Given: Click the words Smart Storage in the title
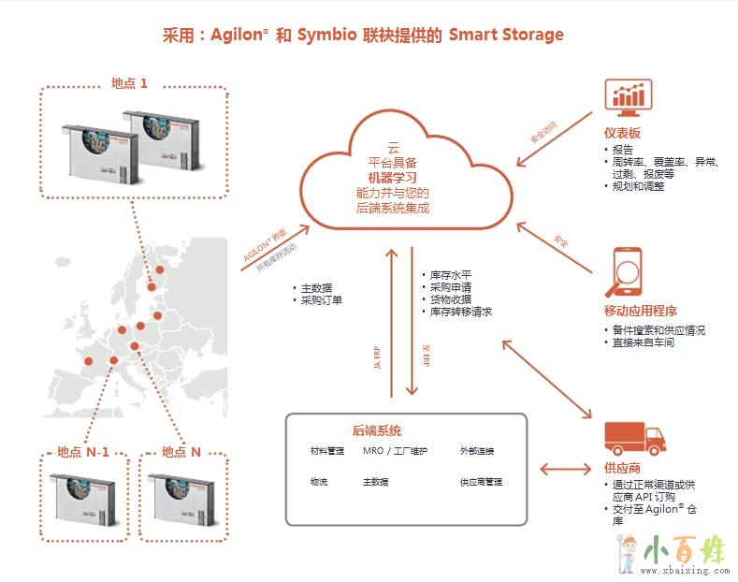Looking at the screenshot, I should pyautogui.click(x=506, y=36).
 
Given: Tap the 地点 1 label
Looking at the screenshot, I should pyautogui.click(x=130, y=82).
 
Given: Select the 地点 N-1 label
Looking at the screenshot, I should pyautogui.click(x=83, y=452).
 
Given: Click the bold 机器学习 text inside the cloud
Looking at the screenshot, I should pyautogui.click(x=392, y=177).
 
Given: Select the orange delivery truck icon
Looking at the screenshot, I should pyautogui.click(x=633, y=439).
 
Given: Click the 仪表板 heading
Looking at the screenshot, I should pyautogui.click(x=622, y=133).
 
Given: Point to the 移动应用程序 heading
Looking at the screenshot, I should pyautogui.click(x=641, y=311).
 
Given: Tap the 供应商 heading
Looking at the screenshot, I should pyautogui.click(x=622, y=468).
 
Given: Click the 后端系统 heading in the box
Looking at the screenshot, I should pyautogui.click(x=377, y=430).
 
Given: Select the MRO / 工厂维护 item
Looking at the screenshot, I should pyautogui.click(x=395, y=451).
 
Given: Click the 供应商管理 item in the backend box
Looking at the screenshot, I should pyautogui.click(x=481, y=482).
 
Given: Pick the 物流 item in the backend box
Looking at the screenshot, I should pyautogui.click(x=319, y=482).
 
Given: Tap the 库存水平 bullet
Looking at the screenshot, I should pyautogui.click(x=450, y=276).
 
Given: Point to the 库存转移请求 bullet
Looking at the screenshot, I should pyautogui.click(x=460, y=312).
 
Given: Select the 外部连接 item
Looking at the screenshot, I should pyautogui.click(x=476, y=451).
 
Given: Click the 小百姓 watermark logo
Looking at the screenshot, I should pyautogui.click(x=673, y=553).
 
